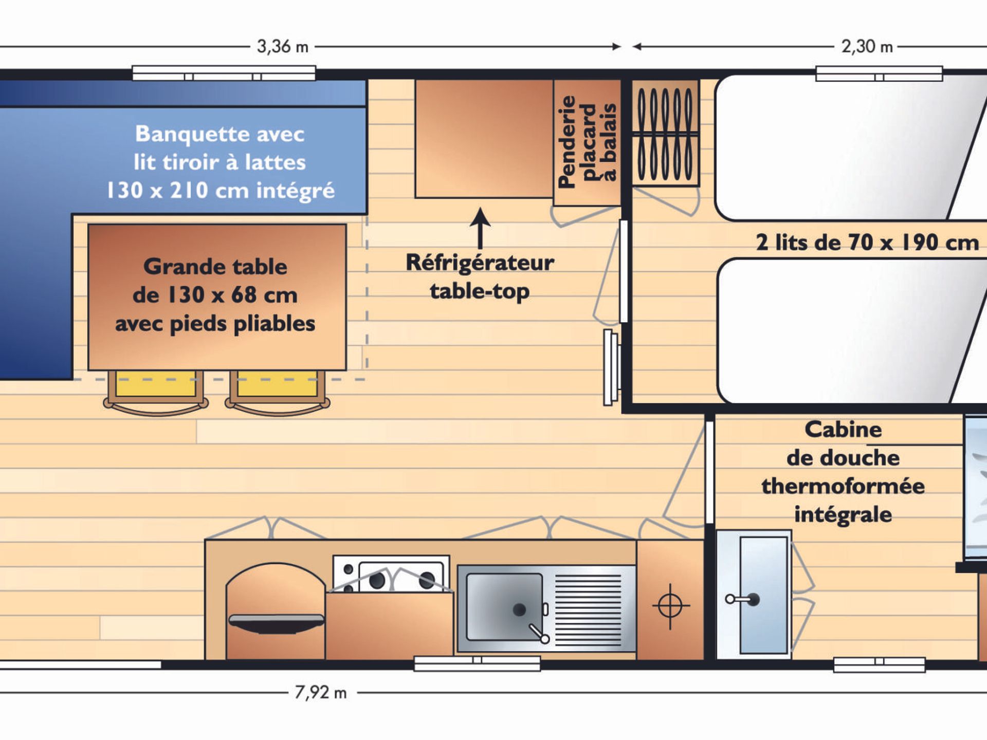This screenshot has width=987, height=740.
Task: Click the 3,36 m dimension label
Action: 283,47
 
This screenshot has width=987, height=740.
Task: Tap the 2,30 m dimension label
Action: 867,47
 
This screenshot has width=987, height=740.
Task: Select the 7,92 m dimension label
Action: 321,693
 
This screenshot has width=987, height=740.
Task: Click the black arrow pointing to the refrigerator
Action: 480,229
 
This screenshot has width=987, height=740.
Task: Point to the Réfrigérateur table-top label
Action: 480,276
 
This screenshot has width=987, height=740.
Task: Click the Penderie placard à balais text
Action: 587,142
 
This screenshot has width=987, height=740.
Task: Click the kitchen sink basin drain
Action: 519,610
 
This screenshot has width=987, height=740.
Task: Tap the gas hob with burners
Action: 391,574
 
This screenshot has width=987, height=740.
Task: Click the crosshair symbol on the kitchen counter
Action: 670,606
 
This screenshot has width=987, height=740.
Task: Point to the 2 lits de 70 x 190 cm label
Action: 867,243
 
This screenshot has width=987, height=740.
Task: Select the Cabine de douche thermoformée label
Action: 843,472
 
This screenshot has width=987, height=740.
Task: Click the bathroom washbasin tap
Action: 742,599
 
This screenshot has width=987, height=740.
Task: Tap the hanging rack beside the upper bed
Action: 665,133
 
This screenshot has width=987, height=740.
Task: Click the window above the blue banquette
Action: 224,73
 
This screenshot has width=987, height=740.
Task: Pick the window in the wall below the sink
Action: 477,663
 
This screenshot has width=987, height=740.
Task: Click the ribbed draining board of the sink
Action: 589,609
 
